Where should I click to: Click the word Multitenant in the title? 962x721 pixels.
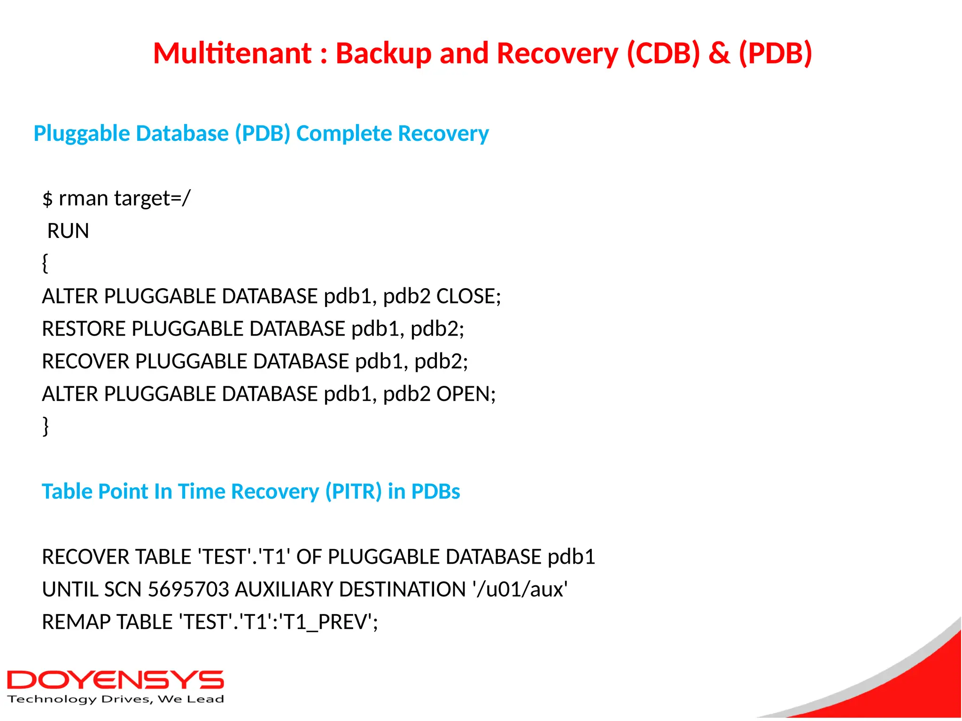point(233,53)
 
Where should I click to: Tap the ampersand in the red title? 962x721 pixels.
point(719,53)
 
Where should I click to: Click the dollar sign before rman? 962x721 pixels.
point(47,199)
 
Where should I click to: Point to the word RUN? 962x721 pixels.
point(68,231)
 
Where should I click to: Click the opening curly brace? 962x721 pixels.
point(45,263)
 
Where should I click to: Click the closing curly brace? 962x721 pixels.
point(46,426)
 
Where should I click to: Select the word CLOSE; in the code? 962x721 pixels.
point(468,296)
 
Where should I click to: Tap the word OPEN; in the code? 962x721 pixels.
point(465,394)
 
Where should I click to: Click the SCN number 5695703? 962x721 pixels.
point(188,590)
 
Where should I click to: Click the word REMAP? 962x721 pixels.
point(76,622)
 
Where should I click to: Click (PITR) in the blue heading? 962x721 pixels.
point(353,491)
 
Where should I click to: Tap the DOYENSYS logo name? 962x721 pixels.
point(115,680)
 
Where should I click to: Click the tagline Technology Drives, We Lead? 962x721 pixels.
point(116,699)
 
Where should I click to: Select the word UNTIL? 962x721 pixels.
point(70,590)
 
